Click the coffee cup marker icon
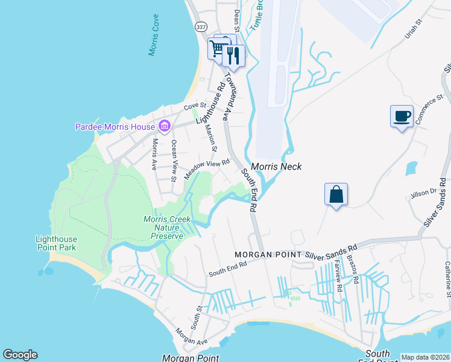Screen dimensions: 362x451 pos(402,116)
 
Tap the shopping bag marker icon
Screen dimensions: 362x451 pos(336,194)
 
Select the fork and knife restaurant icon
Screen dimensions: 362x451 pos(233,56)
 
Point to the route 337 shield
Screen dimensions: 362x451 pos(201,27)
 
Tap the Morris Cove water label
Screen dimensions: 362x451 pos(154,36)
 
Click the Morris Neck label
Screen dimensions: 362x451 pos(276,167)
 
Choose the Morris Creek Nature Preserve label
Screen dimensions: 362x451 pos(163,227)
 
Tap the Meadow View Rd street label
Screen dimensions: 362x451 pos(207,169)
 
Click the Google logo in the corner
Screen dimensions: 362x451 pos(20,355)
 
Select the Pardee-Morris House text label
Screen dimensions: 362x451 pos(115,127)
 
